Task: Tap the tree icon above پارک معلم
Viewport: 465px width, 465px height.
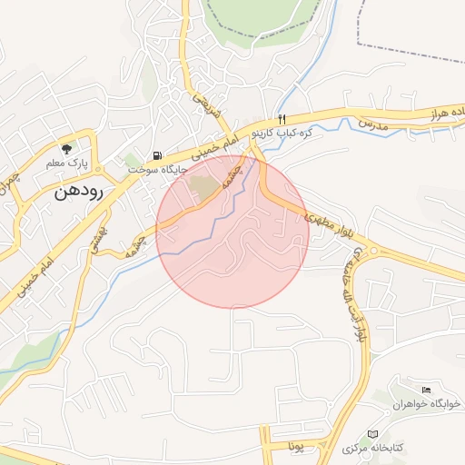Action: click(65, 148)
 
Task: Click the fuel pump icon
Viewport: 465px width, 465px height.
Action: click(160, 154)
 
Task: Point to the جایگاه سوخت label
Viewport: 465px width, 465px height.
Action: click(157, 169)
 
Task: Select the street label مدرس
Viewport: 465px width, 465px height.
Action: click(372, 122)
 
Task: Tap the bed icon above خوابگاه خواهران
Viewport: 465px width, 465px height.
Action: click(426, 390)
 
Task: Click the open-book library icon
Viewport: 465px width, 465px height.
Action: click(371, 434)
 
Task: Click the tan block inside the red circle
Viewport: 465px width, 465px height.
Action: click(204, 187)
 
